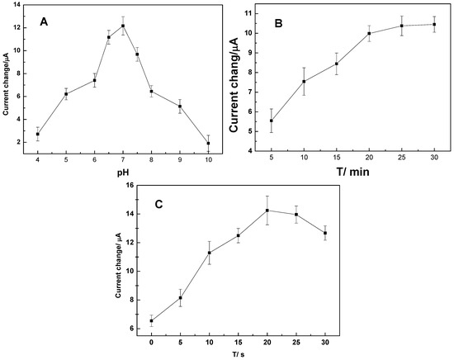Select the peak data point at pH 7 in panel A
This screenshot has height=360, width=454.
click(x=123, y=26)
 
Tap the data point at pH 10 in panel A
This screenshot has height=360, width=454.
click(x=208, y=143)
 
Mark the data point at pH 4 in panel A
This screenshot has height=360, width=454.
click(x=37, y=134)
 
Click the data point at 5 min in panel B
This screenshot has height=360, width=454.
click(x=272, y=121)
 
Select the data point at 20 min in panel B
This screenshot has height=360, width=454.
click(x=369, y=34)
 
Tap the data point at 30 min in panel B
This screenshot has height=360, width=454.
click(x=434, y=24)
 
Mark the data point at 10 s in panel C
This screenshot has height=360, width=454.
click(x=209, y=253)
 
